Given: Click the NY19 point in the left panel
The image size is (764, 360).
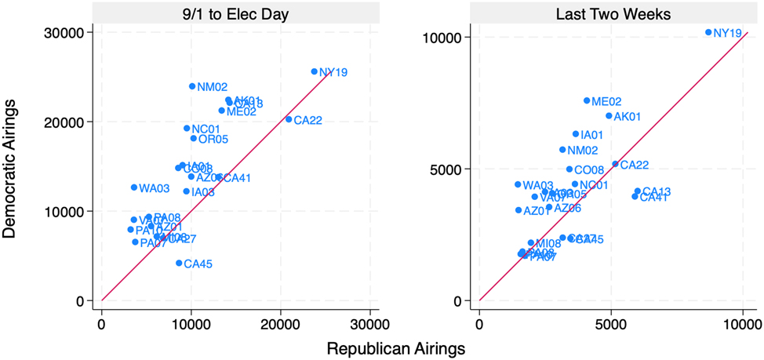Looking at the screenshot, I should (315, 71).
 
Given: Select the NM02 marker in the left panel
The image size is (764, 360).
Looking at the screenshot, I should (192, 86).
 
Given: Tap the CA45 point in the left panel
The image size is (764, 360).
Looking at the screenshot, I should (179, 264).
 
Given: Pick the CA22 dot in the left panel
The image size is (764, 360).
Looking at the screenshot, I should (289, 119).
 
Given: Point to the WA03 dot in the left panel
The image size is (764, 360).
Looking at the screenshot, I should (134, 187).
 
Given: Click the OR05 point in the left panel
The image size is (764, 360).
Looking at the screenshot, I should (194, 139).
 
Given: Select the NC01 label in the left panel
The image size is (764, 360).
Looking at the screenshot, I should (206, 129).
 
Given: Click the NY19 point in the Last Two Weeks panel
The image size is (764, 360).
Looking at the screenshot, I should (708, 32).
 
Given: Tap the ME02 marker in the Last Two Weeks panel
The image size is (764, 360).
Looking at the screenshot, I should (587, 100).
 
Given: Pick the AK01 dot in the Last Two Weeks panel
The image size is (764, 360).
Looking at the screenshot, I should (609, 116).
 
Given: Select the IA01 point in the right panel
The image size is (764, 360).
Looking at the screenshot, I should (576, 134).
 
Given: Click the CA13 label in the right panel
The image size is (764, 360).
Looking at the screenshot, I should (657, 191).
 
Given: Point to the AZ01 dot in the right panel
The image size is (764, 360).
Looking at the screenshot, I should (518, 210).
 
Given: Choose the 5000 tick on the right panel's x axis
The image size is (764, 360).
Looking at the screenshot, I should (611, 322).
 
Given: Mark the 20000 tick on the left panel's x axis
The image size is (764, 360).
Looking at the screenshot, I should (280, 322).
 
